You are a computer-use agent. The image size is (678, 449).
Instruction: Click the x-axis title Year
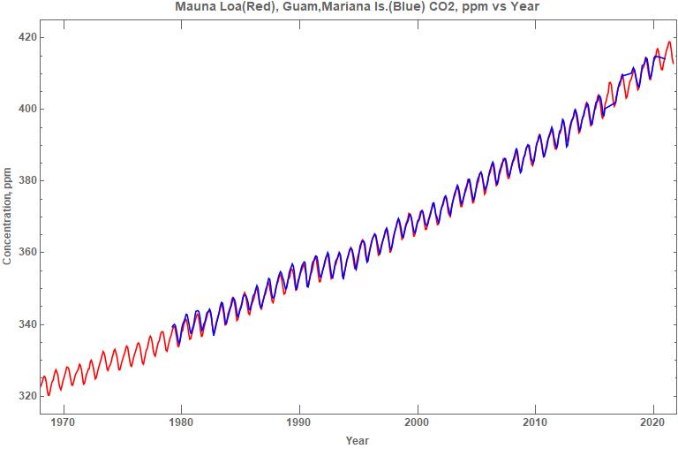(x=358, y=440)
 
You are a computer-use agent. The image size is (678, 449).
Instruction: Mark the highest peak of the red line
(x=669, y=42)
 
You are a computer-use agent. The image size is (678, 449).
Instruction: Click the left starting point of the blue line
(x=171, y=327)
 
